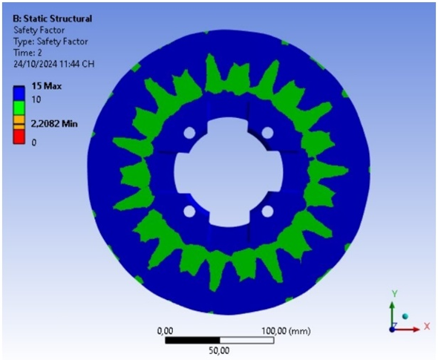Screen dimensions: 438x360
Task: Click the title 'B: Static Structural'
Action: [x=52, y=19]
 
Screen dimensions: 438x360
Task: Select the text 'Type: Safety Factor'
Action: [x=50, y=42]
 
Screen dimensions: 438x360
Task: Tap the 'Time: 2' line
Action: [x=27, y=53]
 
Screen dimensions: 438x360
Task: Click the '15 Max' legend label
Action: [x=46, y=86]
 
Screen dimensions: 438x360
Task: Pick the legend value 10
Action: [x=36, y=99]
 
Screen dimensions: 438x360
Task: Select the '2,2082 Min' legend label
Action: [x=54, y=123]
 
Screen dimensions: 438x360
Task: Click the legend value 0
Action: [x=34, y=143]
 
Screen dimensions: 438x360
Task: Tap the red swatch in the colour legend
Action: [x=19, y=137]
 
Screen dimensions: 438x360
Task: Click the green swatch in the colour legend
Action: [x=19, y=108]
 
